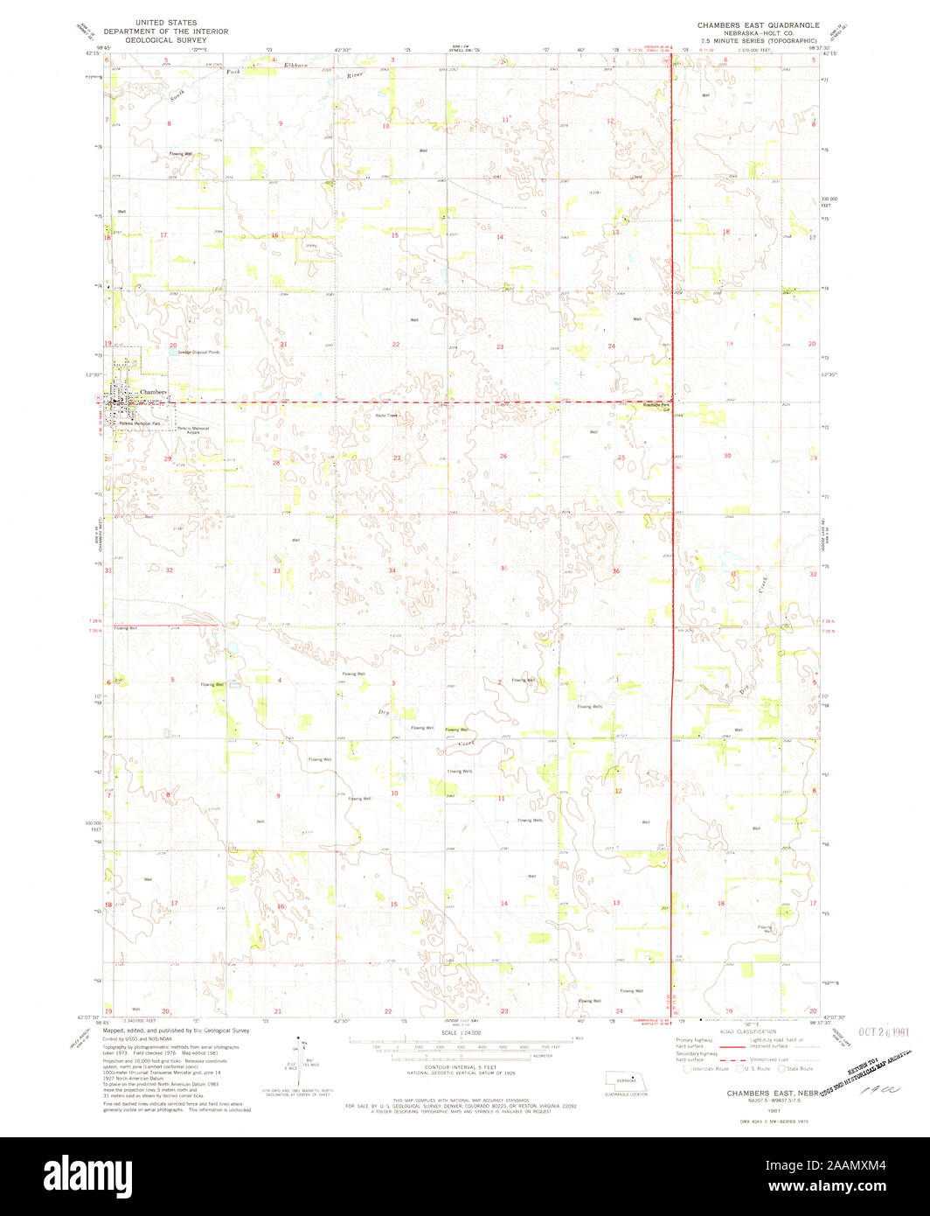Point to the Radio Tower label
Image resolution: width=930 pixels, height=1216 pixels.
[x=386, y=415]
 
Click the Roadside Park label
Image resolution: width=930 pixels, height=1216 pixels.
[x=656, y=406]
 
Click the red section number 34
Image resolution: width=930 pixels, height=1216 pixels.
[x=393, y=570]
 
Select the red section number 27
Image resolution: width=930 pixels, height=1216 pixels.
[x=397, y=458]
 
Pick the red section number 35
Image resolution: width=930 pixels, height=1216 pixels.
[x=504, y=568]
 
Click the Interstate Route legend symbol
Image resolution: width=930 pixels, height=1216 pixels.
[x=687, y=1068]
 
